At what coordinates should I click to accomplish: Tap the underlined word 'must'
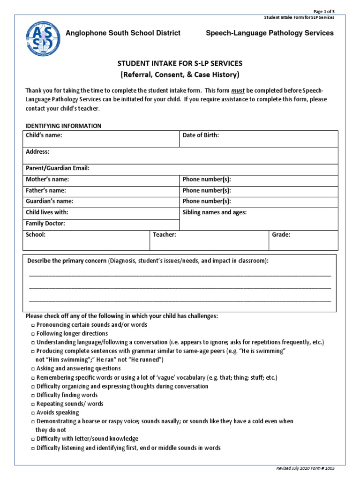click(x=238, y=90)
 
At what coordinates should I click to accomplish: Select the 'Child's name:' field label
click(x=44, y=135)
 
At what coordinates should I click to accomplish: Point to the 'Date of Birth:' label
click(x=201, y=135)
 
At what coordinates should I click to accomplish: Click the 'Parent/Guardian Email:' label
click(x=58, y=168)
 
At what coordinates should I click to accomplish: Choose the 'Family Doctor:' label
click(x=45, y=224)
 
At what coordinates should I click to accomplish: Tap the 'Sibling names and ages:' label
click(x=214, y=212)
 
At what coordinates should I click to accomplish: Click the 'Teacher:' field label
click(x=165, y=234)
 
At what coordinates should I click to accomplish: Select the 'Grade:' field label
click(x=281, y=234)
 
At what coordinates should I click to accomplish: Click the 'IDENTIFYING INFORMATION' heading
click(x=63, y=126)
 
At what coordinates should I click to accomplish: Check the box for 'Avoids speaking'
click(x=33, y=413)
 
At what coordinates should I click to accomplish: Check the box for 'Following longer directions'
click(x=33, y=334)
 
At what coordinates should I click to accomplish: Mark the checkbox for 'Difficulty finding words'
click(x=33, y=395)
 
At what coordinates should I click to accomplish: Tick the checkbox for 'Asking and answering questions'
click(x=33, y=369)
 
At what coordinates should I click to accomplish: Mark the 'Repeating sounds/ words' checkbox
click(x=33, y=404)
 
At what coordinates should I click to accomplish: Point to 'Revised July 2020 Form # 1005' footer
click(x=306, y=468)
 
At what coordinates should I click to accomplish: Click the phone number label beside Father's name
click(x=207, y=190)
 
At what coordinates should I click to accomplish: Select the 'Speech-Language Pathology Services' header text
click(x=270, y=33)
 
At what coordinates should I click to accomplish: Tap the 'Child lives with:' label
click(x=47, y=212)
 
